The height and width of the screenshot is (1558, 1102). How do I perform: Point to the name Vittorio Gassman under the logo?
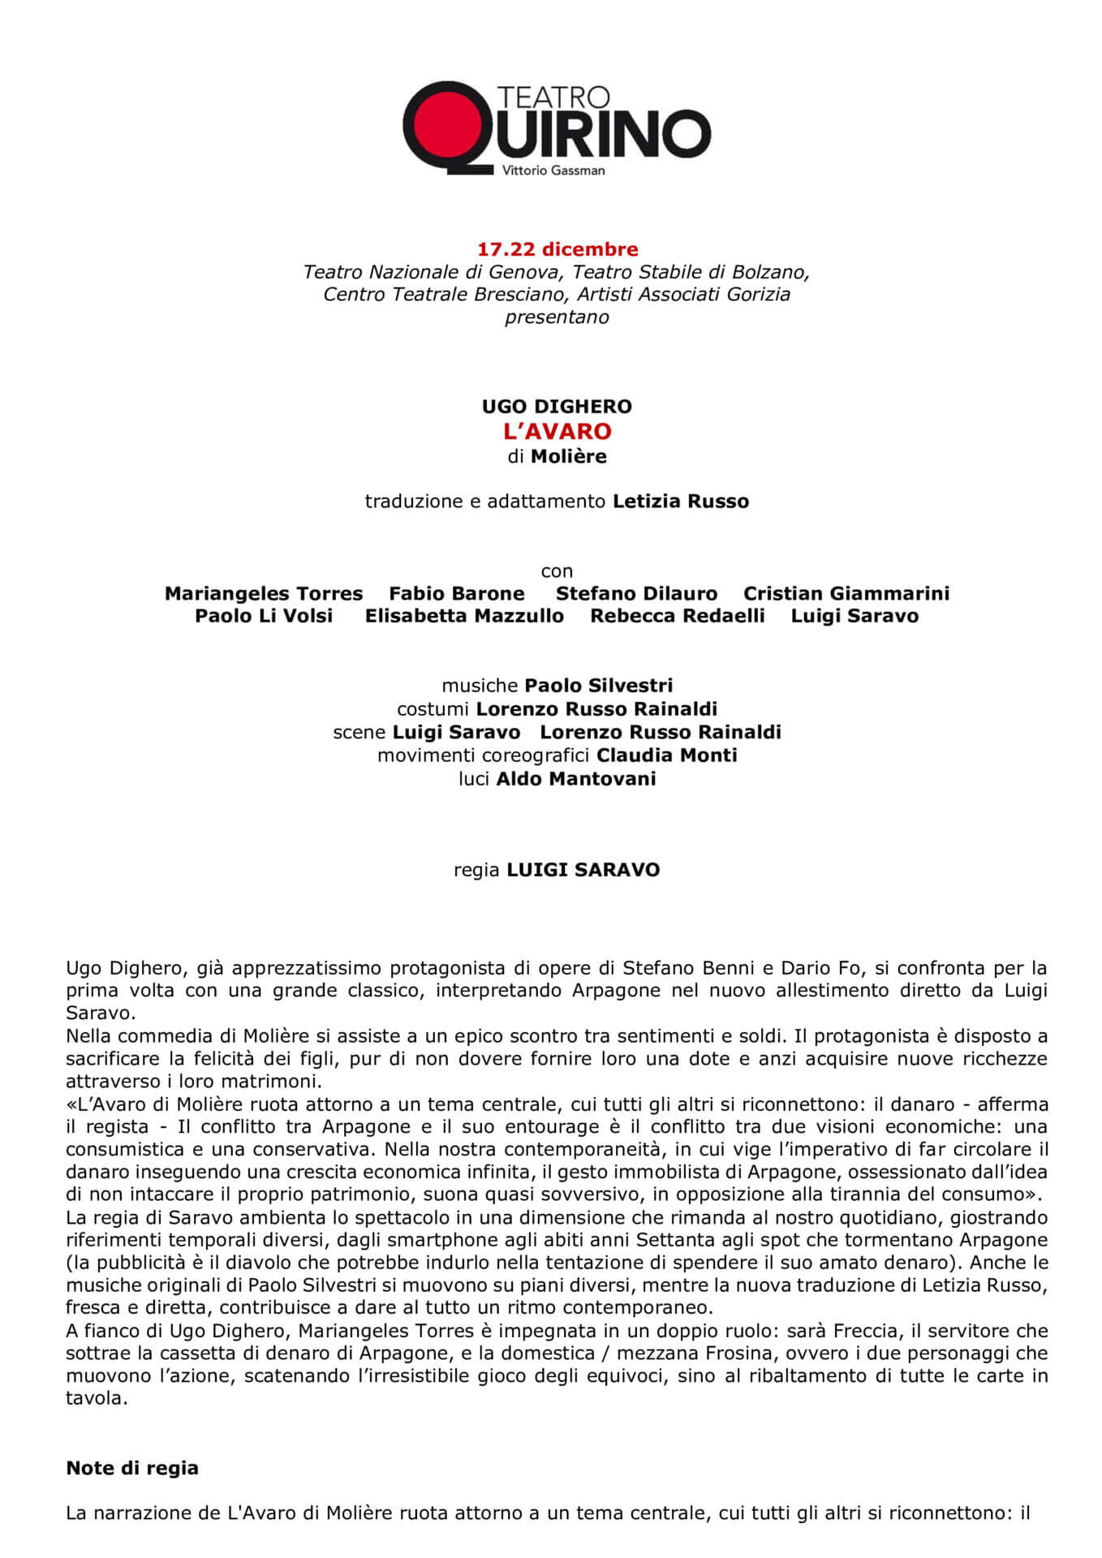(x=553, y=170)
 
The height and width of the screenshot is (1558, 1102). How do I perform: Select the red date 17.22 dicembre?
(x=557, y=249)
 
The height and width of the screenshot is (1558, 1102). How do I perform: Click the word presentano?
(x=557, y=316)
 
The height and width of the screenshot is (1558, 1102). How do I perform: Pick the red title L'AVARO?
(x=557, y=431)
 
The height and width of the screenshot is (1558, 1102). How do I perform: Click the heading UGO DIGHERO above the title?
(x=557, y=406)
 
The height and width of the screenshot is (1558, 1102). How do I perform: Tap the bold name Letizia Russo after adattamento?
(x=680, y=501)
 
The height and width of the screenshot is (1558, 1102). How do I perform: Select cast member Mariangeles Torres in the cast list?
(x=264, y=593)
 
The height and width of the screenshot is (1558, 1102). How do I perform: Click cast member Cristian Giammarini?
(x=846, y=593)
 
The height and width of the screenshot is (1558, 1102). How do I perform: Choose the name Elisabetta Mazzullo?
(x=464, y=616)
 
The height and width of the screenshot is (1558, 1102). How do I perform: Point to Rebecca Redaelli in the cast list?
(x=677, y=616)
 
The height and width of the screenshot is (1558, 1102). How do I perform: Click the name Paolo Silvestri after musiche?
(x=598, y=686)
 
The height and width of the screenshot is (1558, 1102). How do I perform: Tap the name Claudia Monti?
(x=666, y=755)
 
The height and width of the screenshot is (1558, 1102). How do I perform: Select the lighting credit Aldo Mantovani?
(x=575, y=779)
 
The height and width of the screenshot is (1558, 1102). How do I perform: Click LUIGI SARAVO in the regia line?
(x=583, y=870)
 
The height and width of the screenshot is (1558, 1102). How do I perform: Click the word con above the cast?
(x=557, y=570)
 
